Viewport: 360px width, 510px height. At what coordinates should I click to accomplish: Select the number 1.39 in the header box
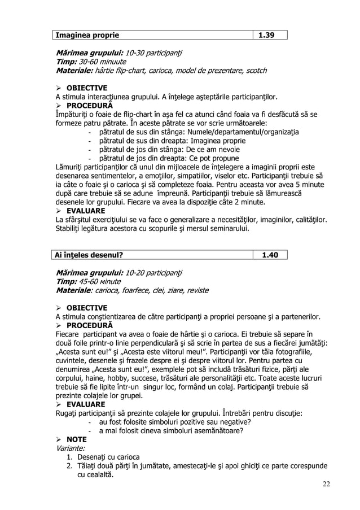pos(266,35)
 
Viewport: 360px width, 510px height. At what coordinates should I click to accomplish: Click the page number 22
pos(327,485)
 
